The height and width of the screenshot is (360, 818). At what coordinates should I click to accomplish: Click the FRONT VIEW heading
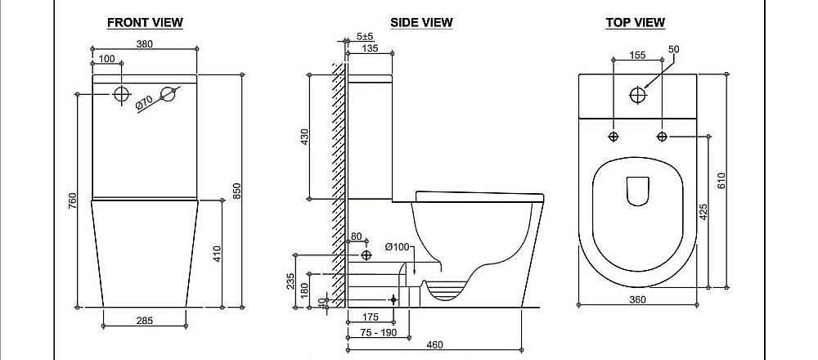(x=145, y=22)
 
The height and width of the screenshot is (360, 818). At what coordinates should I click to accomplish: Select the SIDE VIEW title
(x=421, y=22)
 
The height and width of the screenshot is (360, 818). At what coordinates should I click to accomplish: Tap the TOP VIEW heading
(x=636, y=22)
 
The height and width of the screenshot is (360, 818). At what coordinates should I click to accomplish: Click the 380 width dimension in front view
(x=145, y=44)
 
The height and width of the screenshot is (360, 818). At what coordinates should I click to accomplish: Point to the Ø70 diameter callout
(x=143, y=103)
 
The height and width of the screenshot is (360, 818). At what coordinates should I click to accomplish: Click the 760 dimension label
(x=72, y=201)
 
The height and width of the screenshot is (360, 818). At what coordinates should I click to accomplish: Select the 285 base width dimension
(x=145, y=321)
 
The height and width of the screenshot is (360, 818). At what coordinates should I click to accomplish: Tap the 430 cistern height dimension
(x=305, y=137)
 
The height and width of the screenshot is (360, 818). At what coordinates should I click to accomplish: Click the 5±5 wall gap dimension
(x=365, y=37)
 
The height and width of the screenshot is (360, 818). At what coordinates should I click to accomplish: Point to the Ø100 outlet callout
(x=398, y=247)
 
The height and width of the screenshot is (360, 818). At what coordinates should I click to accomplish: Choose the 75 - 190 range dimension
(x=378, y=332)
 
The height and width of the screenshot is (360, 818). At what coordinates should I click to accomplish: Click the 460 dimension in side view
(x=434, y=344)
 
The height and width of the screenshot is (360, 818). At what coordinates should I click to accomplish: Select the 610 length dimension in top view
(x=722, y=181)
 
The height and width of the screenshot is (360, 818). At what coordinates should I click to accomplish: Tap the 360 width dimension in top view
(x=637, y=299)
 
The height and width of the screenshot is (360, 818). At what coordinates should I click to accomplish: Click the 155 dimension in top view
(x=637, y=55)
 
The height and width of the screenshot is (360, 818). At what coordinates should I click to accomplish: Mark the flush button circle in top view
(x=637, y=95)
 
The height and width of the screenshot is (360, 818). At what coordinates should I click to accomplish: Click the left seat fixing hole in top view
(x=614, y=137)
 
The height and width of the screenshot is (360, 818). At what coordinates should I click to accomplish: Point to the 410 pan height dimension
(x=218, y=254)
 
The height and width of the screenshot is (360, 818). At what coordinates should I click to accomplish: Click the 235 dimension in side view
(x=290, y=281)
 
